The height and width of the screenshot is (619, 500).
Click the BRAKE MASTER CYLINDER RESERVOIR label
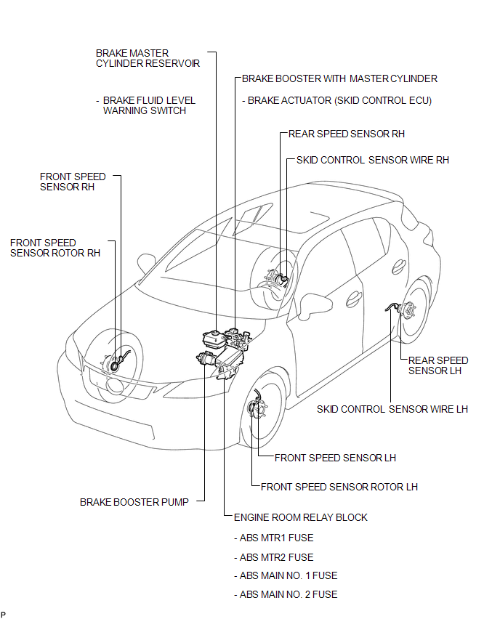tap(148, 58)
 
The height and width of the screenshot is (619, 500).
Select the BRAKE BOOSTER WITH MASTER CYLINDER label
tap(339, 79)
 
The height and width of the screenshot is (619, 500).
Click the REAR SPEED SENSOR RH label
tap(347, 134)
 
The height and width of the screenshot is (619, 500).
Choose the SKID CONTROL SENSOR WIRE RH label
tap(372, 160)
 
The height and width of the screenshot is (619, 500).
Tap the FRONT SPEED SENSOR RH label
tap(73, 182)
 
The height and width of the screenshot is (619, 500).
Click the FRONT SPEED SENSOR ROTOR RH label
tap(55, 248)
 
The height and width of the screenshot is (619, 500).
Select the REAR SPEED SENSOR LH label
tap(438, 365)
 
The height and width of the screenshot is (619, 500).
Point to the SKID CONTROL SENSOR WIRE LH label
tap(392, 409)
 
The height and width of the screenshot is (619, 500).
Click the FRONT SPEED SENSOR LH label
tap(335, 458)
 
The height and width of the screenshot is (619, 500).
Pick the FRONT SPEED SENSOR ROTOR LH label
tap(339, 487)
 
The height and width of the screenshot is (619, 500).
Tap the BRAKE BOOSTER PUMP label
tap(134, 502)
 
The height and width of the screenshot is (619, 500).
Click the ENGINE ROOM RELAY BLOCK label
tap(301, 517)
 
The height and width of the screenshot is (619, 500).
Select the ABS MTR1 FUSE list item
tap(274, 538)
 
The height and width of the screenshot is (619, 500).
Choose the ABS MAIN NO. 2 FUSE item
tap(286, 594)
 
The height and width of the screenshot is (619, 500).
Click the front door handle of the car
tap(354, 300)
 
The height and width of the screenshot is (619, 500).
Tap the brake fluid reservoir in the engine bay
tap(213, 339)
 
